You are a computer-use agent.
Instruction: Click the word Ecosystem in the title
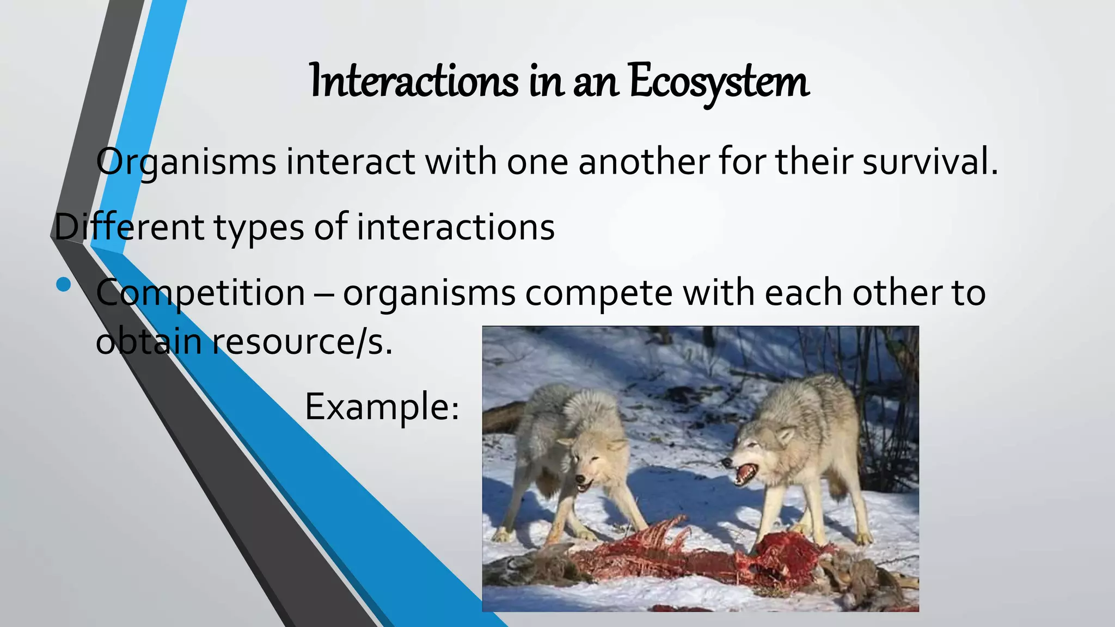(719, 82)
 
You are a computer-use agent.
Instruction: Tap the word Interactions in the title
(414, 82)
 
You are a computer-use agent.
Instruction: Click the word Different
(128, 227)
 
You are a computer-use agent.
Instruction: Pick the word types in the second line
(259, 228)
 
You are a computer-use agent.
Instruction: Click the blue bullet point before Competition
(63, 285)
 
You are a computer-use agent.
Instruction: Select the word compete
(599, 293)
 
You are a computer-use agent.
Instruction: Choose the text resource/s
(302, 342)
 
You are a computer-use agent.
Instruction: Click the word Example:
(382, 407)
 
